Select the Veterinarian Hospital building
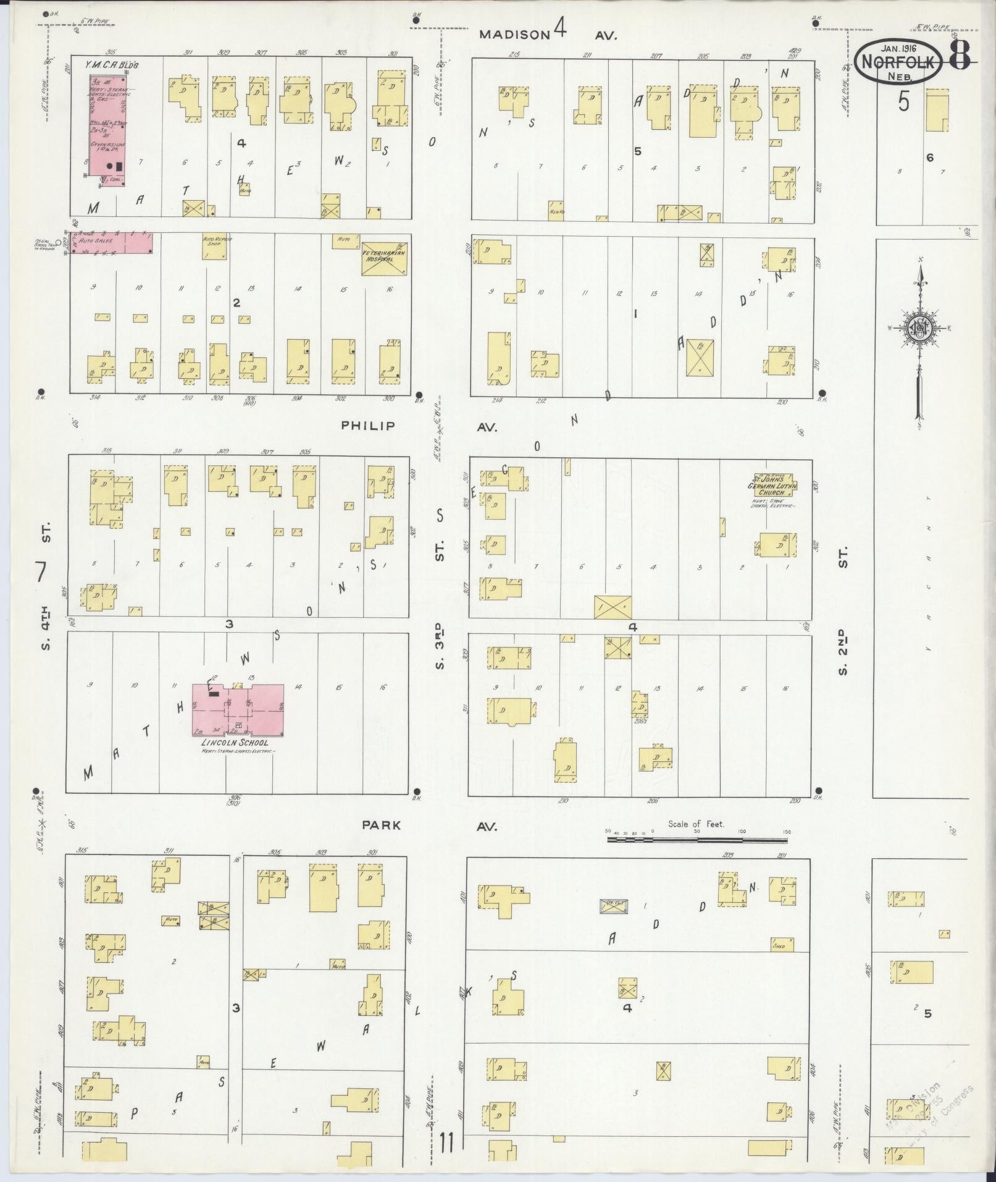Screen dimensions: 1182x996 384,257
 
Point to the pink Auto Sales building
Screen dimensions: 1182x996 111,243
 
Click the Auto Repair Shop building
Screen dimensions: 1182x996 216,246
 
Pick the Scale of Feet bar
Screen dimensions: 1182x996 697,840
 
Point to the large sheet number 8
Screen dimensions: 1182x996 958,57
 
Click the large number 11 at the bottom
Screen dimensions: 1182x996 447,1142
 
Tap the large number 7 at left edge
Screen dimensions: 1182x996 41,572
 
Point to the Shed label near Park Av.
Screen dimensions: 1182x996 781,963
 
